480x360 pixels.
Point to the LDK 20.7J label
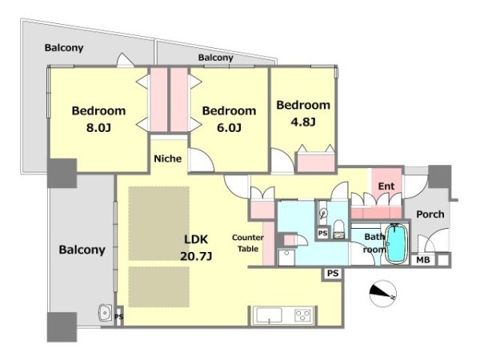[196, 247]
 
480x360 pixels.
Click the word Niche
[168, 158]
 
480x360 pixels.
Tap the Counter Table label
[248, 243]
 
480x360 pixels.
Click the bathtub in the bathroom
[397, 244]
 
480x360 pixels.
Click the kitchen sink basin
[269, 315]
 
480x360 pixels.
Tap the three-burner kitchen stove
[302, 315]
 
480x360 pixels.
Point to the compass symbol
[382, 294]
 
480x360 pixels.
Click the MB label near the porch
[423, 260]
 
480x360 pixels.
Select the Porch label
[430, 214]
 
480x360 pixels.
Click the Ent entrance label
[386, 186]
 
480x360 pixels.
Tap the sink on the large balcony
[106, 313]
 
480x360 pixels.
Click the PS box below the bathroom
[333, 273]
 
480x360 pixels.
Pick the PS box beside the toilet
[322, 234]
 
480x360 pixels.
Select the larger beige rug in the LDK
[158, 223]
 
